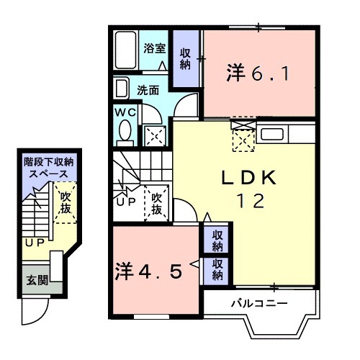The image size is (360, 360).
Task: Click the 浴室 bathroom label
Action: coord(155,48)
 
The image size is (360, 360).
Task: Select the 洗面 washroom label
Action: coord(149,91)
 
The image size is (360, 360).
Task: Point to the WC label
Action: coord(124,113)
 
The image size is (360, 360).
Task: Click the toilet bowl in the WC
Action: coord(124,132)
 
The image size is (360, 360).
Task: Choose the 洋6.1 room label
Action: coord(261,73)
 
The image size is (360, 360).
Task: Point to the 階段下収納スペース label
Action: coord(45,168)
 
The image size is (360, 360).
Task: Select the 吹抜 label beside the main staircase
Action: coord(156,201)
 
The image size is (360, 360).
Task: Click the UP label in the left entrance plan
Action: coord(33,243)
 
